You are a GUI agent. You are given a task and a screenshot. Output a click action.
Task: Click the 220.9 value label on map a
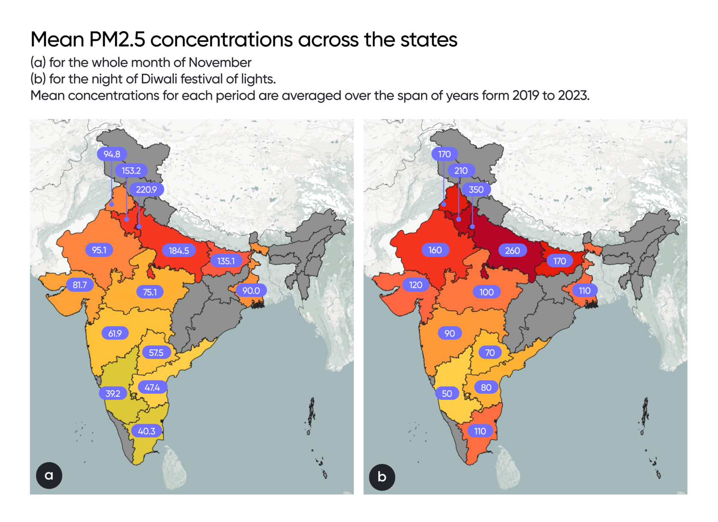pos(146,190)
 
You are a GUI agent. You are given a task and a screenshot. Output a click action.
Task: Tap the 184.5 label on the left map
pos(179,251)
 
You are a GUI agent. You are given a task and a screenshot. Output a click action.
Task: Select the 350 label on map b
pos(476,190)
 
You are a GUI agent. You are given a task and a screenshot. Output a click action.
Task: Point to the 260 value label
pos(512,251)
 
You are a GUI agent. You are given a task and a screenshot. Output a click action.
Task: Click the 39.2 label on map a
pos(113,393)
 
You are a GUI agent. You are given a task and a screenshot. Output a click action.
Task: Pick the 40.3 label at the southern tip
pos(147,431)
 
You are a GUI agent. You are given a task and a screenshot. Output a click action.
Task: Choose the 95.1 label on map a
pos(99,250)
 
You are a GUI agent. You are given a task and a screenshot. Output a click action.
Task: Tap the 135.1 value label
pos(226,261)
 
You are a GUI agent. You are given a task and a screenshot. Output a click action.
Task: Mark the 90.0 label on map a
pos(251,291)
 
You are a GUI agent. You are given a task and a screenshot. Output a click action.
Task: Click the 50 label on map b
pos(447,393)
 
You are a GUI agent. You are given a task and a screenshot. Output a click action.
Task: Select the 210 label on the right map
pos(461,171)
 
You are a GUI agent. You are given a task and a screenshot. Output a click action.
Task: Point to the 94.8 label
pos(112,154)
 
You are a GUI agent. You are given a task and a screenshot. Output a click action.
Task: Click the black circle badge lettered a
pos(49,475)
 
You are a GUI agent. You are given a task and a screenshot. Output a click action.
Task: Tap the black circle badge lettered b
pos(382,477)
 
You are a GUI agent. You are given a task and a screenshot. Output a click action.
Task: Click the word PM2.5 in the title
pos(117,40)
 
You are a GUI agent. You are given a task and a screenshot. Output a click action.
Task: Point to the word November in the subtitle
pos(220,63)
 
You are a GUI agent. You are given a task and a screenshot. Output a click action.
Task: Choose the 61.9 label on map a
pos(115,333)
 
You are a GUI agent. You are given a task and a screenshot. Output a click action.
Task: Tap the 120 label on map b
pos(415,285)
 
